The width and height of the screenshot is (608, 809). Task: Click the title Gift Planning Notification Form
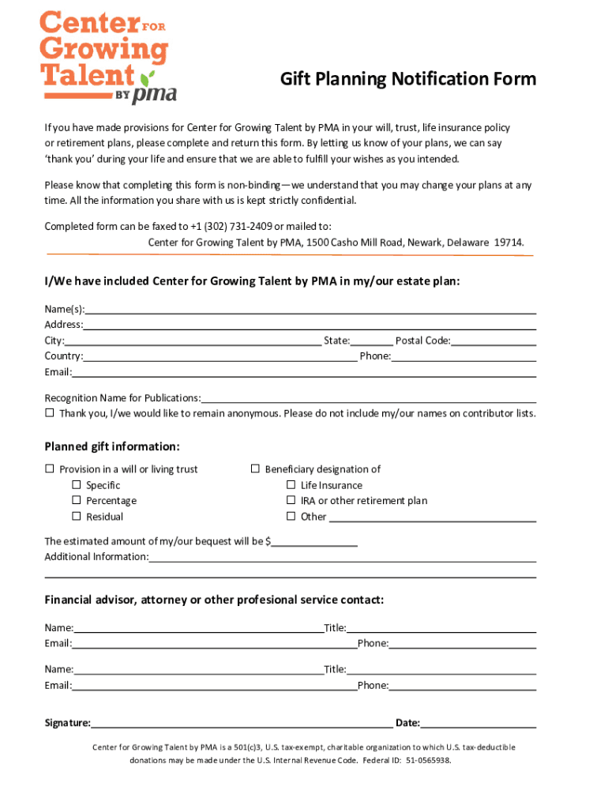click(408, 79)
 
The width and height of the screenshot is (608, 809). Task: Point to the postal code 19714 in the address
click(508, 243)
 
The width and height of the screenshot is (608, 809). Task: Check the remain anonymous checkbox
click(50, 413)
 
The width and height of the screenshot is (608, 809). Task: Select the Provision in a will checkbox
click(50, 469)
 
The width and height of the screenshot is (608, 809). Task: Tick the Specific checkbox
click(77, 485)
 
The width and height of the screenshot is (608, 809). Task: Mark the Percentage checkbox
click(77, 501)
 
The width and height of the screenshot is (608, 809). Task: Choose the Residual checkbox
click(77, 517)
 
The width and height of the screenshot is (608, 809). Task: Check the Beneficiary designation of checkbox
click(255, 469)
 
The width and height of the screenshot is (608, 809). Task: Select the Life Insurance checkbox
click(291, 485)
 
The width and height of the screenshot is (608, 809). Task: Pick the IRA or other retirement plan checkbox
click(291, 501)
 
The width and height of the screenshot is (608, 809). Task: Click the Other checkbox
click(291, 517)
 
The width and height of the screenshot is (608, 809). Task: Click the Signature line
click(241, 724)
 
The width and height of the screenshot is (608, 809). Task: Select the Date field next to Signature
click(479, 724)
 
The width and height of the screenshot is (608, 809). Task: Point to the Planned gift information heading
click(112, 446)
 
